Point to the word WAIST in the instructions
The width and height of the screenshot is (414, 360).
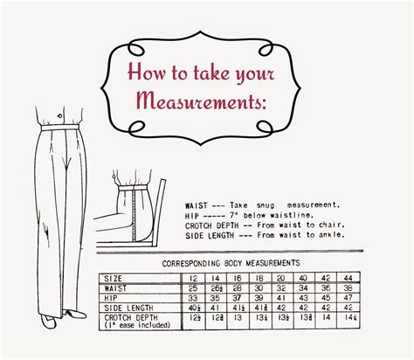pyautogui.click(x=197, y=202)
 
